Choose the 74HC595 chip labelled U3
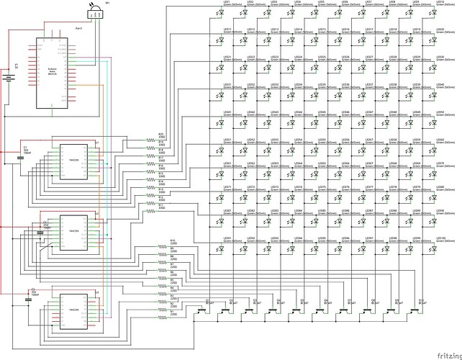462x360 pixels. (x=73, y=310)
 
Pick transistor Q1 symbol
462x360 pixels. (x=202, y=310)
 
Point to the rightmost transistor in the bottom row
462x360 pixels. (x=417, y=310)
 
